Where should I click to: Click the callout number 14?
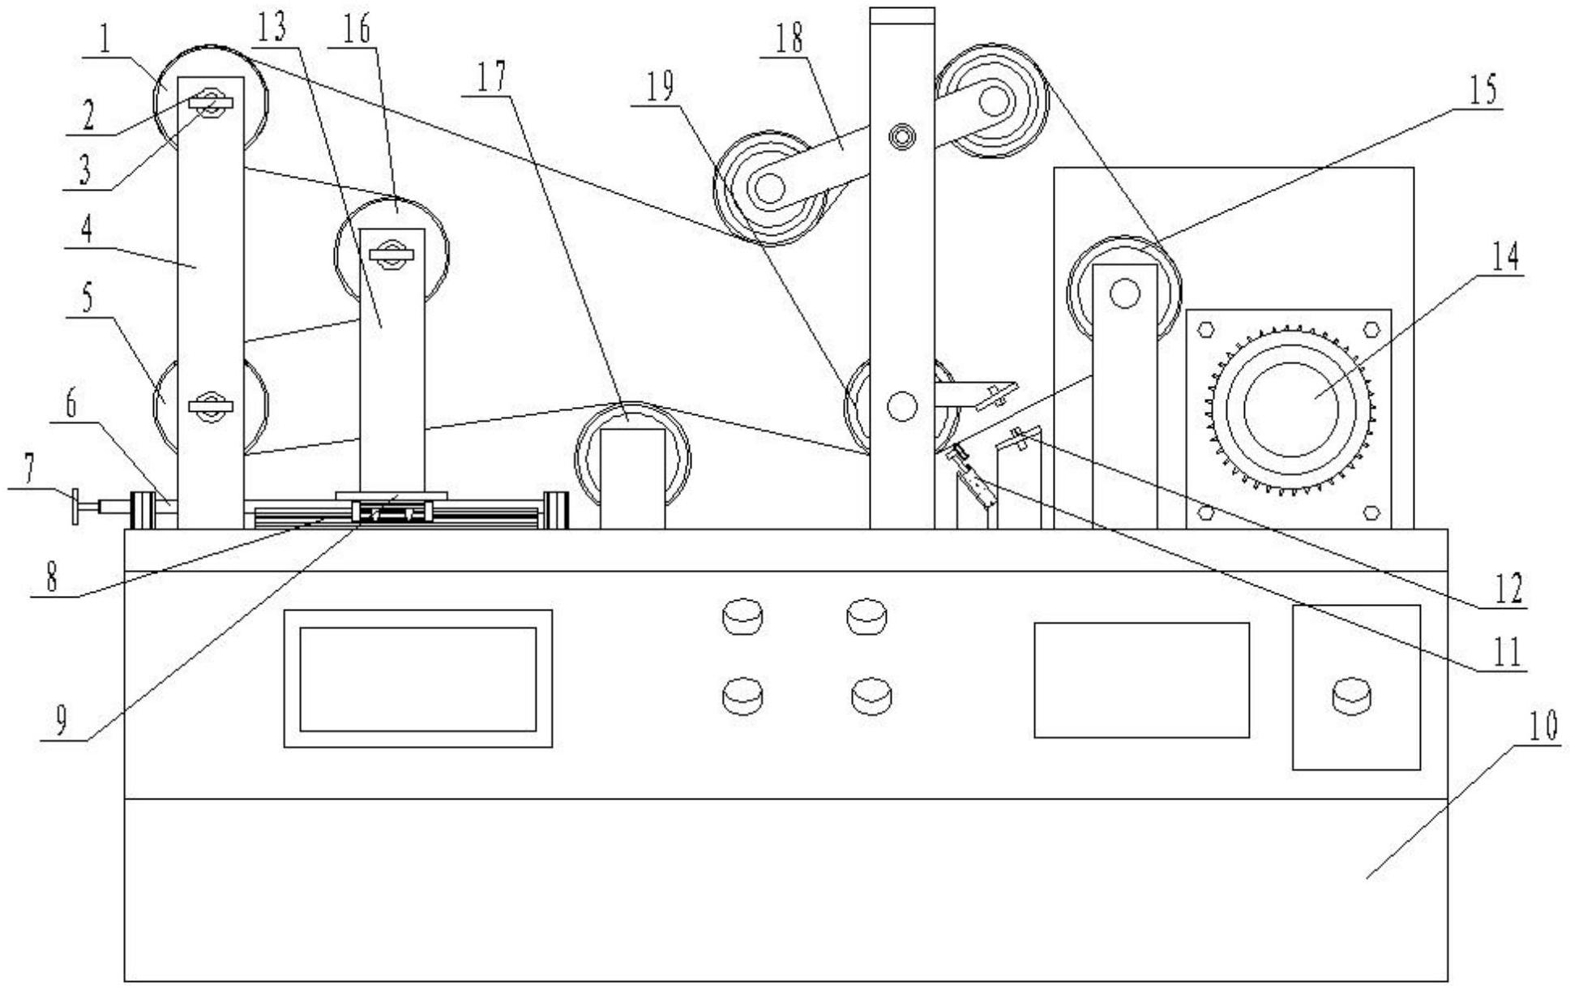(x=1507, y=259)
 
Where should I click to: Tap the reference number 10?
(x=1542, y=727)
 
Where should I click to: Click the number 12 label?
(x=1508, y=589)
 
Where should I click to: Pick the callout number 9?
(x=62, y=718)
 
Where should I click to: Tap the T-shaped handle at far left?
(x=76, y=508)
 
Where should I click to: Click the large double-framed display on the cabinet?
(x=417, y=679)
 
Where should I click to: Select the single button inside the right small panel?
(x=1353, y=696)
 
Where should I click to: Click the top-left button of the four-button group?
(x=742, y=617)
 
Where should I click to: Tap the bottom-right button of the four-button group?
(x=871, y=696)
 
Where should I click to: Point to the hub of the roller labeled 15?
(x=1124, y=294)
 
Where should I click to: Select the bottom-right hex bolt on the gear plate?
(x=1371, y=512)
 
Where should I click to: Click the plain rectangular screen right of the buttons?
(x=1141, y=679)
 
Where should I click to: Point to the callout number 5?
(x=87, y=298)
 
